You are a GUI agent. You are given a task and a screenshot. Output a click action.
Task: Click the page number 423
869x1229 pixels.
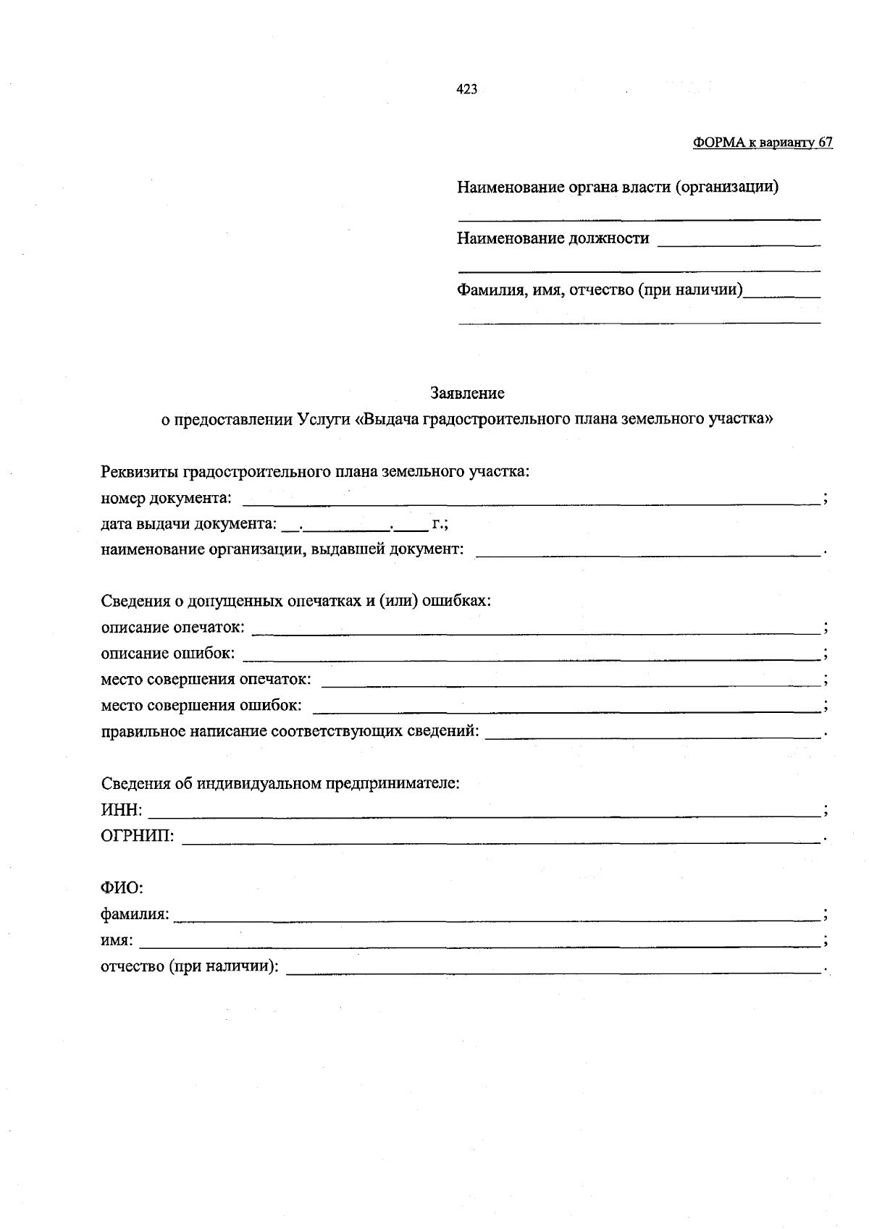click(x=466, y=89)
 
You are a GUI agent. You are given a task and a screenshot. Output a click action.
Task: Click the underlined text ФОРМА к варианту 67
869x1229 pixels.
click(x=763, y=143)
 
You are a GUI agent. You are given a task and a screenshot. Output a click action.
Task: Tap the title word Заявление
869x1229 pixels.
click(x=467, y=393)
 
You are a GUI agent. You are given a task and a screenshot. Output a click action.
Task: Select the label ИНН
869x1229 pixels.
click(x=120, y=810)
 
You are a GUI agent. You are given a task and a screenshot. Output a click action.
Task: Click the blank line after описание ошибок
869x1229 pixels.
click(x=530, y=655)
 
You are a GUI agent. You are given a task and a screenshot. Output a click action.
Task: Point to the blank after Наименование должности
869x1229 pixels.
click(x=738, y=241)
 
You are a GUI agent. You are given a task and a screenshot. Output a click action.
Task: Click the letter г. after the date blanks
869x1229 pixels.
click(x=437, y=523)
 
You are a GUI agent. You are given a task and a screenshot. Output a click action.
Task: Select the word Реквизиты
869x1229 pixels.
click(x=140, y=472)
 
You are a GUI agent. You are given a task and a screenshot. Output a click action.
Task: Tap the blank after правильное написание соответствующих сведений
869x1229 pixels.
click(x=652, y=733)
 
